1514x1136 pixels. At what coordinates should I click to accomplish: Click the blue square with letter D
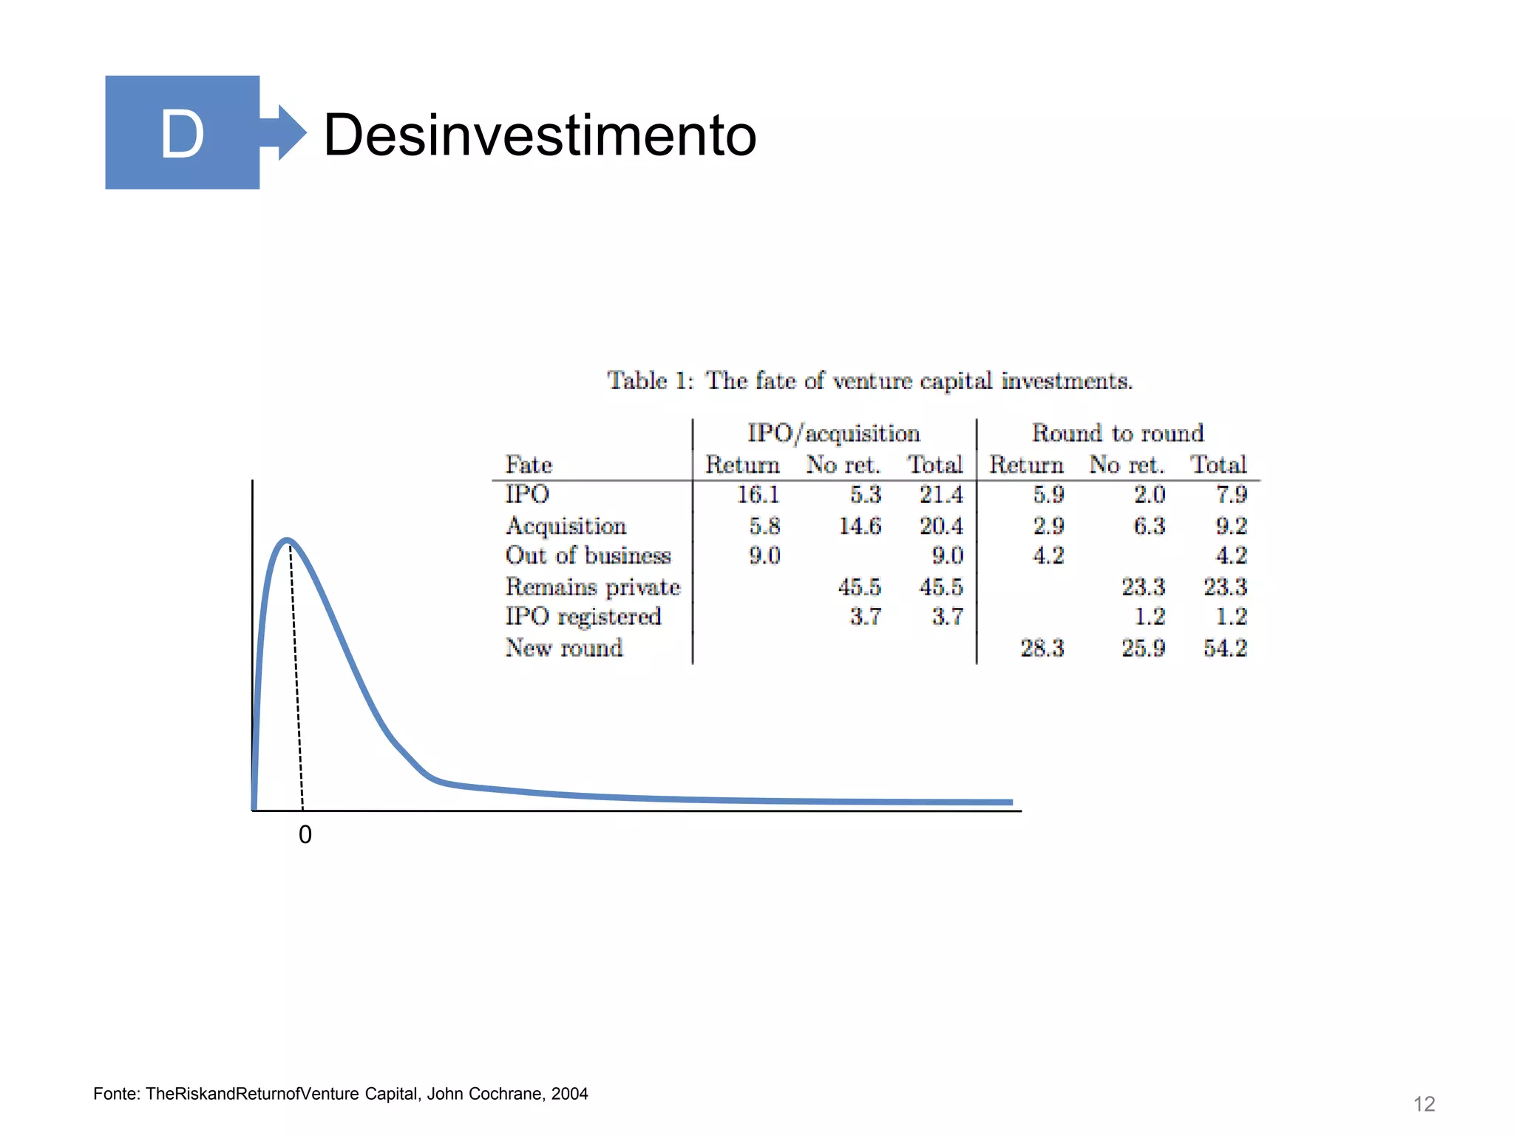182,132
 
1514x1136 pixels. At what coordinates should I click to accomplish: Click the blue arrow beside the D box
284,132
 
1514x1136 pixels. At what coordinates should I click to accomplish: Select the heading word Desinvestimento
540,135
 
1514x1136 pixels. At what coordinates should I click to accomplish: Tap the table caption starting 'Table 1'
869,381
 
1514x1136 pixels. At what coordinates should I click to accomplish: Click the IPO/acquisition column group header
834,433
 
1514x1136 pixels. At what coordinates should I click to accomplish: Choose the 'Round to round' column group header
1118,433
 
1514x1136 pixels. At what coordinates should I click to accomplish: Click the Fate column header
529,465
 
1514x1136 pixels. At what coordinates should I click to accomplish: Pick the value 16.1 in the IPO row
758,494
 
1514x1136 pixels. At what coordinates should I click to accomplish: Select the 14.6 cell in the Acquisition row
860,526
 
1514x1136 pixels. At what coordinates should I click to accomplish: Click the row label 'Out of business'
588,555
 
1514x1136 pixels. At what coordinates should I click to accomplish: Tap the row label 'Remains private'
593,587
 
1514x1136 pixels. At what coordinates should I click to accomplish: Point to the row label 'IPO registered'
583,617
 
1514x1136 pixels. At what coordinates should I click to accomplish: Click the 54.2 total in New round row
1225,649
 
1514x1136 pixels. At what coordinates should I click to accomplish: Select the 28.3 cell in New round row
1042,649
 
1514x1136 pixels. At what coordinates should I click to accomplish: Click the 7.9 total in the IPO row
1232,494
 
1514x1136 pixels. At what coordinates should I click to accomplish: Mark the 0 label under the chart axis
305,835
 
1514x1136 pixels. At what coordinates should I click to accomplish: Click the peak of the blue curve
287,541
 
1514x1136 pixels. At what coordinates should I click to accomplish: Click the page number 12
1424,1104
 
